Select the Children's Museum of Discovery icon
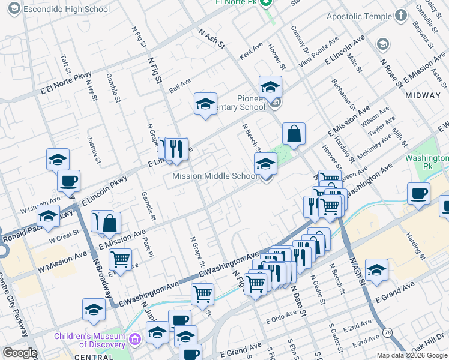coord(135,340)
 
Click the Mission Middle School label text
coord(215,176)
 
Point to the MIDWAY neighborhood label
coord(423,95)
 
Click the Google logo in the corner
coord(20,353)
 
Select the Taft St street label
coord(65,65)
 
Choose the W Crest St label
coord(64,236)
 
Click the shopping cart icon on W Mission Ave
coord(121,259)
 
